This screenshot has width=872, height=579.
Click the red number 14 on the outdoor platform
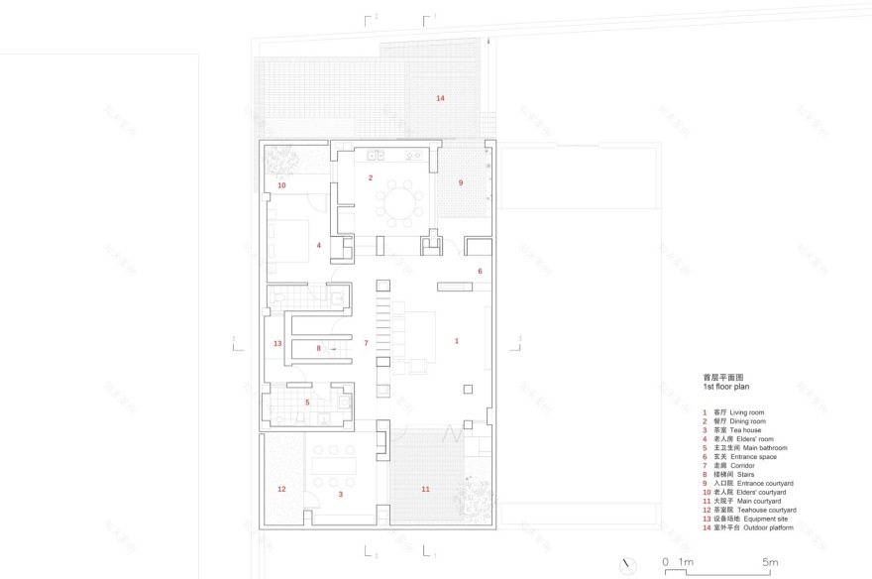(x=440, y=98)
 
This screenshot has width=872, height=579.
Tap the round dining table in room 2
(x=402, y=204)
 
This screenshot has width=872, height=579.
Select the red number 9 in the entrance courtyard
(x=460, y=182)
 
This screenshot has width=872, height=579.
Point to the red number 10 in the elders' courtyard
(x=281, y=185)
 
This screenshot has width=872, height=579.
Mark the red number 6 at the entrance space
(x=480, y=271)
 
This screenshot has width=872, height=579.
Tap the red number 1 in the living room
(x=457, y=341)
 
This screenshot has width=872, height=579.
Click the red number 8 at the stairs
(x=319, y=348)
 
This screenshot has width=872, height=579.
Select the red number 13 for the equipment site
(x=278, y=344)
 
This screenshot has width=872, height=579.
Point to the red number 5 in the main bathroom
(x=307, y=403)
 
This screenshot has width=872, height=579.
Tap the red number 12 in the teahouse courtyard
(x=281, y=489)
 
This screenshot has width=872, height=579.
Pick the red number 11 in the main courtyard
(x=426, y=489)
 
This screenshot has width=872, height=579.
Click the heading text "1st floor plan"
(x=728, y=388)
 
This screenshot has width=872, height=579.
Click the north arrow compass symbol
(x=626, y=565)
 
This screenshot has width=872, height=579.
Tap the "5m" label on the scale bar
(x=769, y=563)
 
